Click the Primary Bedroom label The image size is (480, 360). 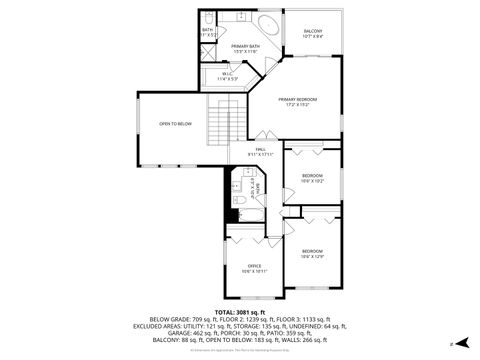coord(298,99)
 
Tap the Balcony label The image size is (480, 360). coord(313,31)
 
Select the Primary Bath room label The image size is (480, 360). coord(245,47)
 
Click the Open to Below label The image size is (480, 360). coord(175,124)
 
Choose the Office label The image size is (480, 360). coord(254,265)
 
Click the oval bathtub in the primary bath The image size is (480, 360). coord(268,26)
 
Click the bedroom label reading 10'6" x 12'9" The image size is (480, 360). coord(312,253)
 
